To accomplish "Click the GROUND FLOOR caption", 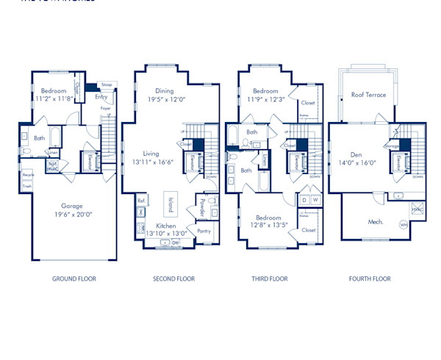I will pos(73,278).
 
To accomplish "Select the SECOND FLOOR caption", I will pos(173,278).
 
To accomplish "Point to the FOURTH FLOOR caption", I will pos(370,278).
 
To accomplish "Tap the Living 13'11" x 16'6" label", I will pos(152,158).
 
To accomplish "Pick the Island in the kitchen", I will pos(170,204).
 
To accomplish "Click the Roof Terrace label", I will pos(368,95).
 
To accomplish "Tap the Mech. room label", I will pos(376,221).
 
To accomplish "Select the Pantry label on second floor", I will pos(204,231).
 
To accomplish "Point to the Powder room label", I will pos(202,205).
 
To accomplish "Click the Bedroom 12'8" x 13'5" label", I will pos(268,222).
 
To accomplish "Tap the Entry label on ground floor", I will pos(101,96).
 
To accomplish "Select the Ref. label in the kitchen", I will pos(140,200).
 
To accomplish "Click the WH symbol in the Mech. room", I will pos(404,224).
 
